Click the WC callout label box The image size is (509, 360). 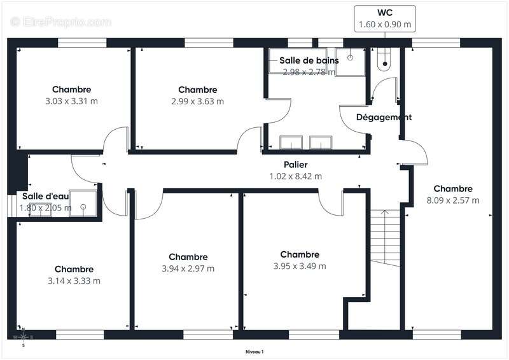(385, 19)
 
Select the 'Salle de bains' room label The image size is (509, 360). (309, 60)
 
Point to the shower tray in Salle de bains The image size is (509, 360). (351, 62)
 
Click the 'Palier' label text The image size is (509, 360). (296, 165)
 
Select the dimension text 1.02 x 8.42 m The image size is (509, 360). (296, 176)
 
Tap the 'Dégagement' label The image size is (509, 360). (384, 117)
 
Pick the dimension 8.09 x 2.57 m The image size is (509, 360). (453, 200)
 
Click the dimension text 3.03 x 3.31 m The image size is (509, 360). (71, 101)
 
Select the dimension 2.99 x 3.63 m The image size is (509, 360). (197, 101)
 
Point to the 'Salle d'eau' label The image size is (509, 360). (45, 196)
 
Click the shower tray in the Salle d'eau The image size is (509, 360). (83, 203)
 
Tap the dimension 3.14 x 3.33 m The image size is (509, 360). (74, 280)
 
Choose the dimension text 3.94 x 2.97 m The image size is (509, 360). (188, 268)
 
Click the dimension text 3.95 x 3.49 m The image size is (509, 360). (299, 266)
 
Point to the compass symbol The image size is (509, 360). (23, 337)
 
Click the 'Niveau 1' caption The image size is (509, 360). (254, 352)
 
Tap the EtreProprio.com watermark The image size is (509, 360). (60, 22)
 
